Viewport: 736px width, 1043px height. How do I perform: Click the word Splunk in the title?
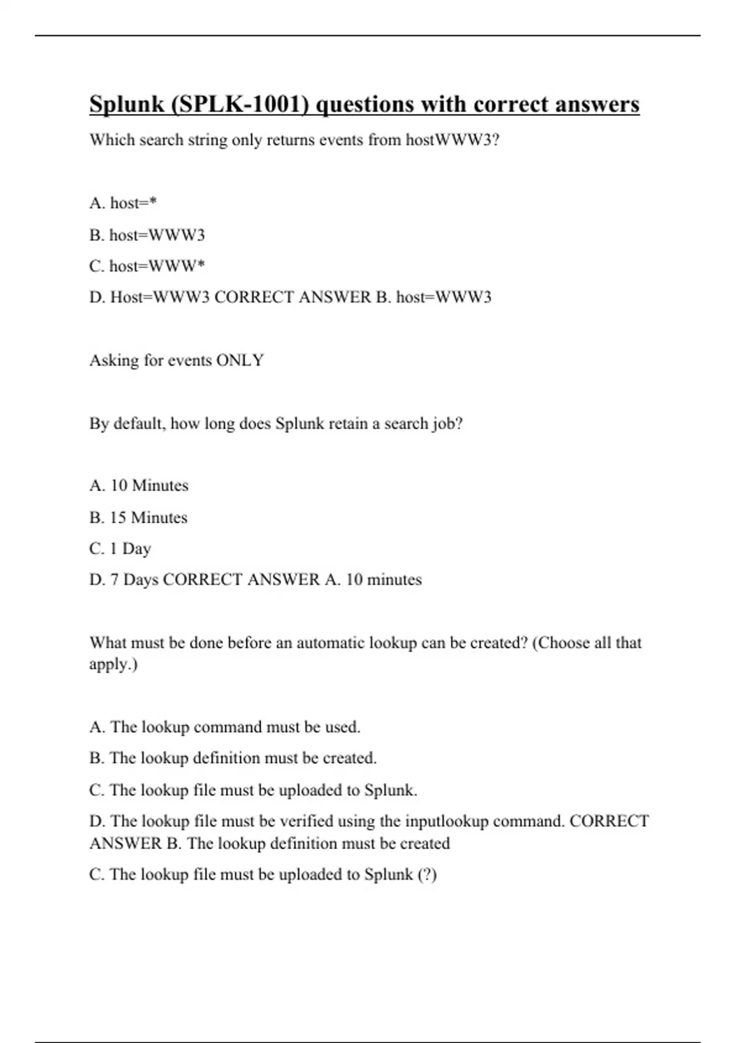coord(126,105)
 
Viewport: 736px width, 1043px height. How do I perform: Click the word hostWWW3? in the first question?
coord(453,140)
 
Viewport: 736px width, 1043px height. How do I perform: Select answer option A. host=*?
coord(123,203)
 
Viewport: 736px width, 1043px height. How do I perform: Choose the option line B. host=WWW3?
coord(147,235)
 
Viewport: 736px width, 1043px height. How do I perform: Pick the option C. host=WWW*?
coord(147,266)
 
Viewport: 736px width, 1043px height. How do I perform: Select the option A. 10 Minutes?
coord(139,485)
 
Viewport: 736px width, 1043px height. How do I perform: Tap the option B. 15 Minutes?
coord(139,517)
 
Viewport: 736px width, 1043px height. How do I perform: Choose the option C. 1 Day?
coord(120,548)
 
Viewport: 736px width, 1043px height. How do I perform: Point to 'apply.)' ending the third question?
coord(113,664)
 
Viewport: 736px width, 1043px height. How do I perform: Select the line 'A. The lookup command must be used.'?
coord(224,727)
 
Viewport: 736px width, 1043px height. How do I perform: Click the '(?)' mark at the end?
coord(427,874)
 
